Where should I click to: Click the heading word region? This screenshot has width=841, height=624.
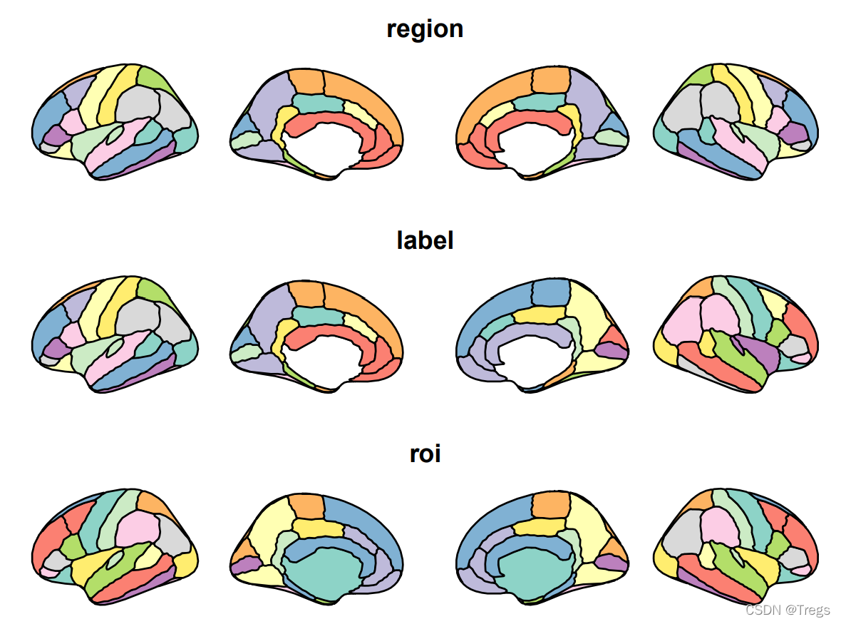tap(425, 29)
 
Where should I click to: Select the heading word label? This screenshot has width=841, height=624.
tap(425, 240)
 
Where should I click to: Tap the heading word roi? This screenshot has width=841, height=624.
tap(425, 454)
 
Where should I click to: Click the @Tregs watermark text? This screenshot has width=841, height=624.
tap(808, 610)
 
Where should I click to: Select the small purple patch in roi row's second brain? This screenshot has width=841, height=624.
tap(245, 565)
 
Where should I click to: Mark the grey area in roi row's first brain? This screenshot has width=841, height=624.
tap(172, 531)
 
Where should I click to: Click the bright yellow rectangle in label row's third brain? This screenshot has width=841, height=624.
tap(536, 314)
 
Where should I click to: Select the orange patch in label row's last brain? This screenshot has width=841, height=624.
tap(699, 288)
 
